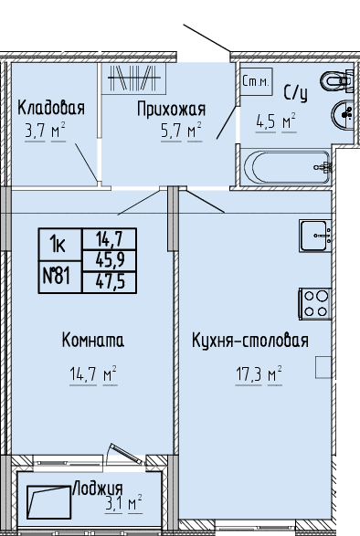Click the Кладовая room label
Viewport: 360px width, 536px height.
pos(51,108)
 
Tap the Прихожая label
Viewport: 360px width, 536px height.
pos(172,109)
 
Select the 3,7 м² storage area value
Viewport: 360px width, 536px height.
pos(45,131)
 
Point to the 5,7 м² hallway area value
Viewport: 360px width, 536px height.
pos(181,131)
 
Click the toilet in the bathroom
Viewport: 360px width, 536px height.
pos(337,80)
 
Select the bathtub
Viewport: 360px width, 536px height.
pos(287,167)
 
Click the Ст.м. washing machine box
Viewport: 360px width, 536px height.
pos(257,81)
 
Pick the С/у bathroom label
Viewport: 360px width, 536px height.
pos(296,93)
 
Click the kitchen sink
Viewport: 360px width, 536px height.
pos(315,236)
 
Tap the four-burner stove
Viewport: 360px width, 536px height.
pos(315,304)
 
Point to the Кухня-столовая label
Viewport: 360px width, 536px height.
pos(250,341)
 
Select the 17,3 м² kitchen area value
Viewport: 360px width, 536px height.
pos(259,375)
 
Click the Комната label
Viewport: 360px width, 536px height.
pos(93,341)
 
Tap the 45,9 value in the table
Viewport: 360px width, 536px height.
pos(111,261)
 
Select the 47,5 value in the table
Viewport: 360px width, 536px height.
pos(111,282)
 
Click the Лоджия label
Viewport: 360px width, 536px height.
pos(98,489)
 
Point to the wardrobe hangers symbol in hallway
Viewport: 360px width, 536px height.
pos(134,79)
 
